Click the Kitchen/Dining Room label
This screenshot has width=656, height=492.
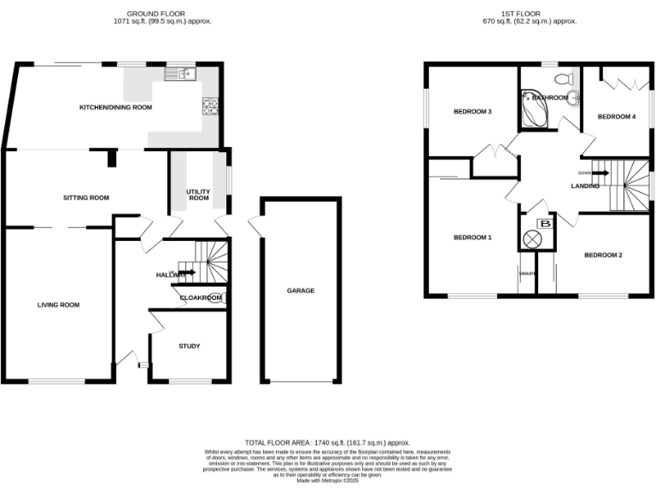click(115, 108)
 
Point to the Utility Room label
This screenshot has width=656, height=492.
click(198, 194)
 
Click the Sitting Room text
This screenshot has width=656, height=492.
click(86, 198)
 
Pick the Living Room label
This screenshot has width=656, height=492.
click(57, 304)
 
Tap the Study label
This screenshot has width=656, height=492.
click(189, 346)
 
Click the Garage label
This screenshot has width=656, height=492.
click(301, 290)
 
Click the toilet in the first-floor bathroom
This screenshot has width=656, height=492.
click(563, 79)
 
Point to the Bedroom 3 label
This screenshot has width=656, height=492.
click(472, 112)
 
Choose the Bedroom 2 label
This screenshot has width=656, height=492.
click(603, 255)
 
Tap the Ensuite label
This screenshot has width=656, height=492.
click(527, 273)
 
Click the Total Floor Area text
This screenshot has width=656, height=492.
click(328, 442)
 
